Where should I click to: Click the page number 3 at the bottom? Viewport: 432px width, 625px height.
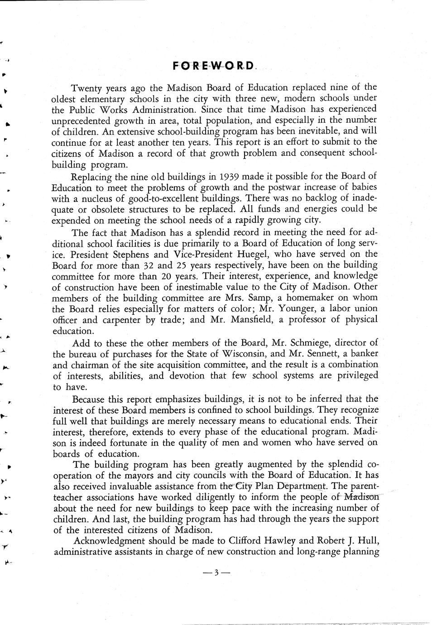click(x=216, y=572)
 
